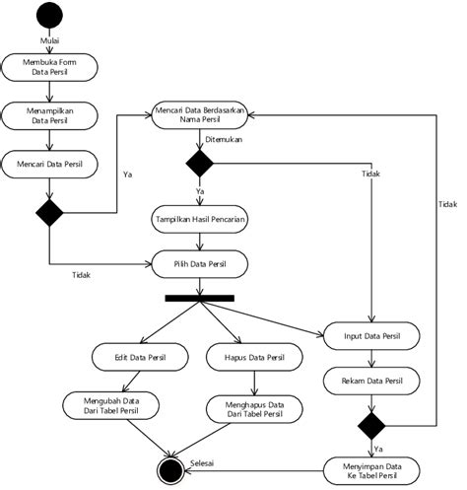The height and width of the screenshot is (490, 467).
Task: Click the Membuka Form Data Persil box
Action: (49, 66)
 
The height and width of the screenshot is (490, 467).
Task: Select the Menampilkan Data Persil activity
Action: (49, 114)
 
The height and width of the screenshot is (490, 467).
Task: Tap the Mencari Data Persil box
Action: (49, 164)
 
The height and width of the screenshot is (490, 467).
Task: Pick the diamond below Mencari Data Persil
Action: (49, 211)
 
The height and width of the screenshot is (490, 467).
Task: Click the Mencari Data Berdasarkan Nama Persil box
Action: (201, 114)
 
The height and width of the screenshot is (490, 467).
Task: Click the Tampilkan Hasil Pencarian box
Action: (201, 217)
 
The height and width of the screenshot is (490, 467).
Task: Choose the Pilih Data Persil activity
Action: (201, 263)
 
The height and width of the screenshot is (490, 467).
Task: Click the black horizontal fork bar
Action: (201, 298)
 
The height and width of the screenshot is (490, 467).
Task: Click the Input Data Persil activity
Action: (372, 337)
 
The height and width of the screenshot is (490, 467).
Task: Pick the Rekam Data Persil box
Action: (372, 381)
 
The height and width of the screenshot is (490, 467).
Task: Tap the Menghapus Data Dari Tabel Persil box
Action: (249, 408)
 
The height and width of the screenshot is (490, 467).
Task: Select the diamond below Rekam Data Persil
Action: (372, 425)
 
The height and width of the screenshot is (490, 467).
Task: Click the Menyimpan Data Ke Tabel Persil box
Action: (372, 469)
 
